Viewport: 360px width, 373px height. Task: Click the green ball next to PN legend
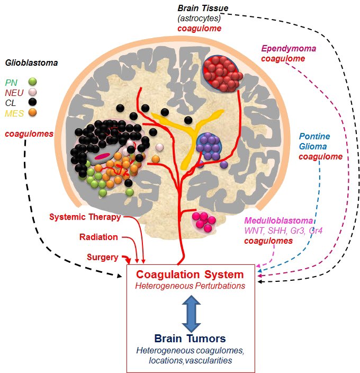(33, 82)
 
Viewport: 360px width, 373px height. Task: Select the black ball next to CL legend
(33, 102)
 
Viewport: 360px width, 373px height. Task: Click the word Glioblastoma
(31, 63)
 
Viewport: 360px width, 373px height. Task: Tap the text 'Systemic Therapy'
(85, 217)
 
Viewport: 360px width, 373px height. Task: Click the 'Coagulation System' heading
(190, 275)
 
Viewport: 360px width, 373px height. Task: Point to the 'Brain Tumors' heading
(190, 338)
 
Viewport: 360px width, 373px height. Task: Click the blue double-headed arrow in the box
(190, 310)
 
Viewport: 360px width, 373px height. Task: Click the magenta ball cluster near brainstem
(204, 220)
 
